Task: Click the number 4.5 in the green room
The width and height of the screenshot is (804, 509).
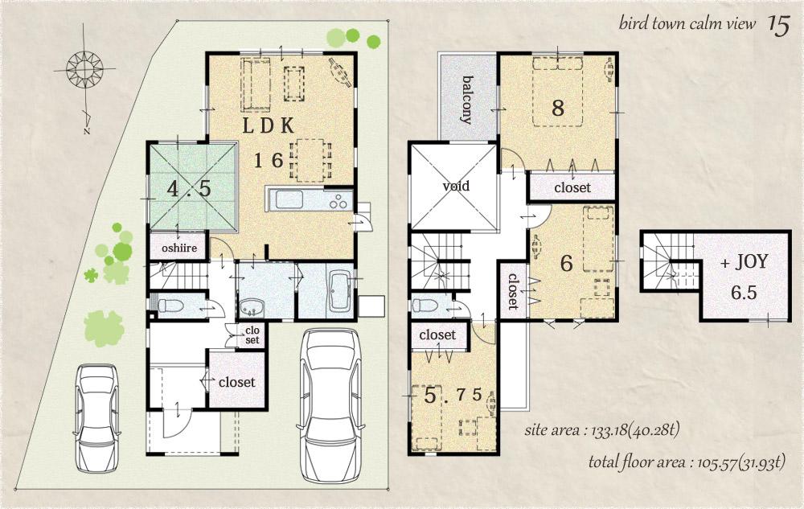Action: coord(190,189)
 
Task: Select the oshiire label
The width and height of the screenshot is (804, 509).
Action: coord(178,248)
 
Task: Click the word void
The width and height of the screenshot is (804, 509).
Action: coord(455,186)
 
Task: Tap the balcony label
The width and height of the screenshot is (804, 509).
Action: coord(466,100)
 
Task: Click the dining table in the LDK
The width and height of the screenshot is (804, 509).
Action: coord(310,158)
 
